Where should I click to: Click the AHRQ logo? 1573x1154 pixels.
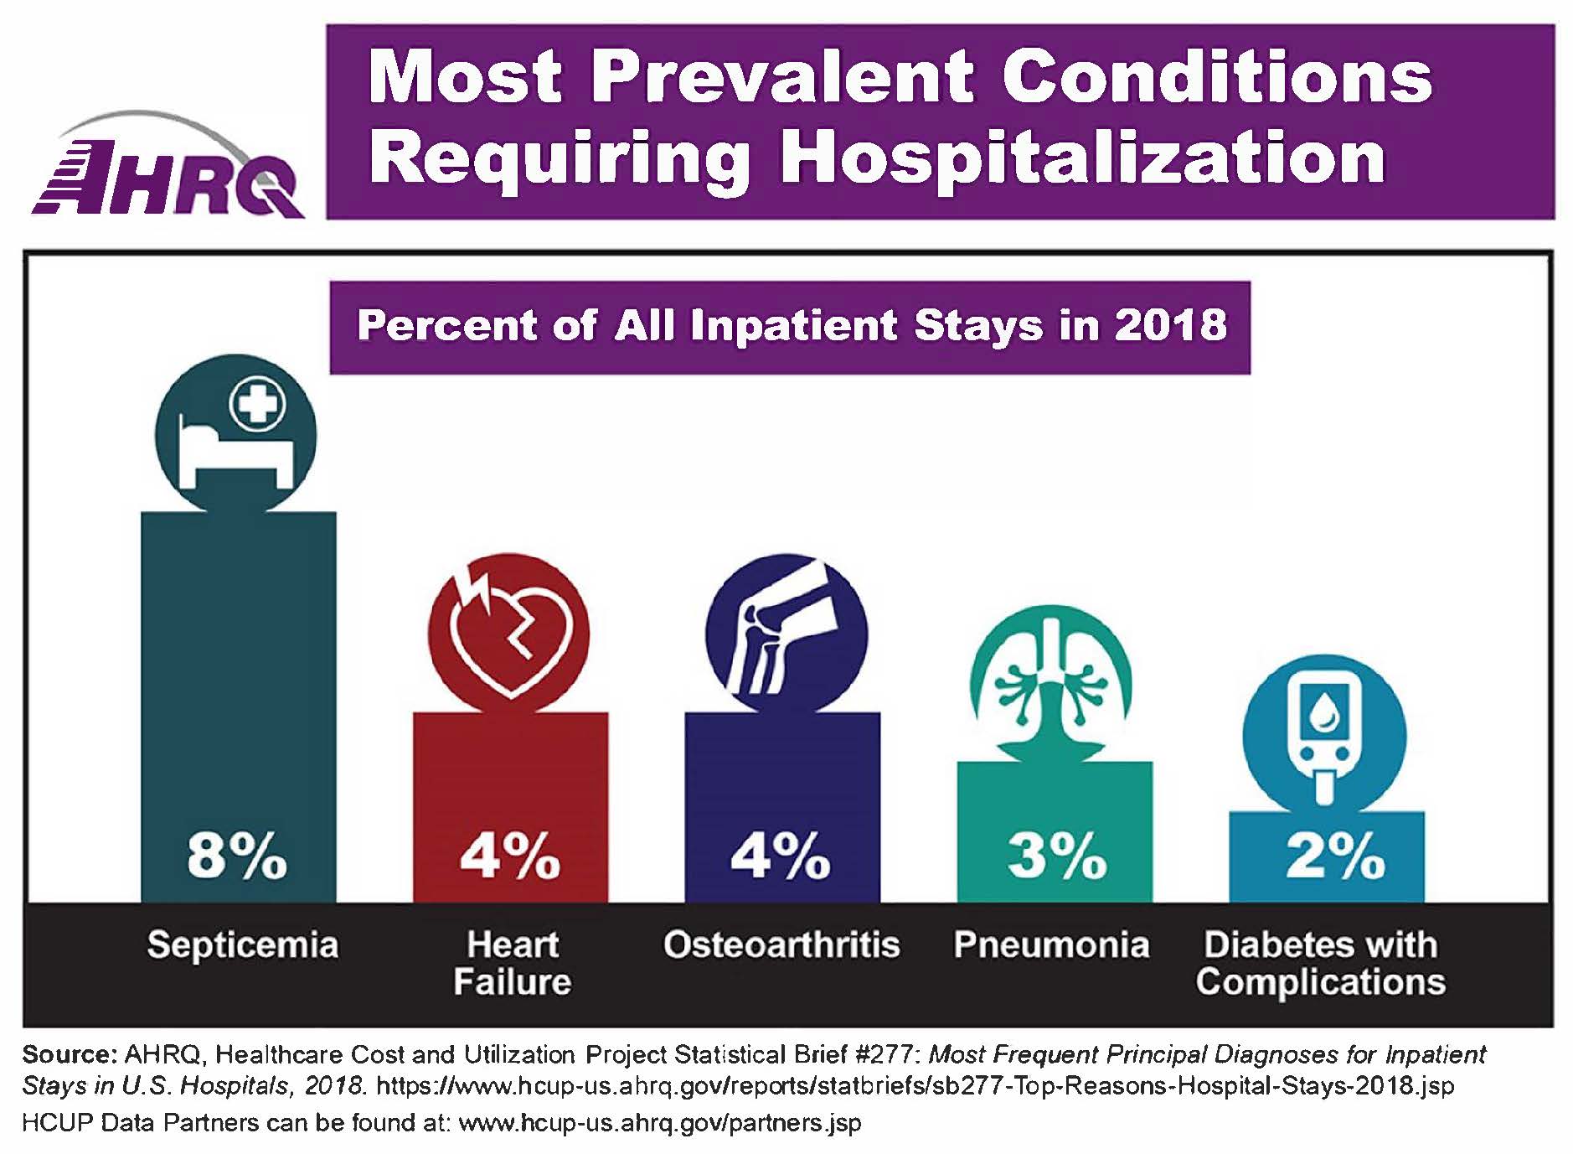[168, 168]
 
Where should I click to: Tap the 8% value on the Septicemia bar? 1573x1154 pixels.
[237, 856]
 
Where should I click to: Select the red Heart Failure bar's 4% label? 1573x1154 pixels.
[509, 856]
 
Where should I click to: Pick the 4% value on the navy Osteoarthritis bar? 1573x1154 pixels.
[781, 856]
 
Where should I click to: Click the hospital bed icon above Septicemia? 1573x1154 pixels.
[236, 434]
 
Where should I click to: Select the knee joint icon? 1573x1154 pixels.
[786, 634]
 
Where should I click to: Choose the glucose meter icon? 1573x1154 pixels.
[1324, 736]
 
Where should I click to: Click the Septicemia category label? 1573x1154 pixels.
[243, 945]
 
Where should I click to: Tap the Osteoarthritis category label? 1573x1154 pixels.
[781, 945]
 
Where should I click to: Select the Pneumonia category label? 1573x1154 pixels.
[1051, 945]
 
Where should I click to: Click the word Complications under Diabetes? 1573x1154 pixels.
[1320, 982]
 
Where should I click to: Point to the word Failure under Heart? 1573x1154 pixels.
[512, 982]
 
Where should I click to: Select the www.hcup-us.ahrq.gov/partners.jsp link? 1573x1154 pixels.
[660, 1123]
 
